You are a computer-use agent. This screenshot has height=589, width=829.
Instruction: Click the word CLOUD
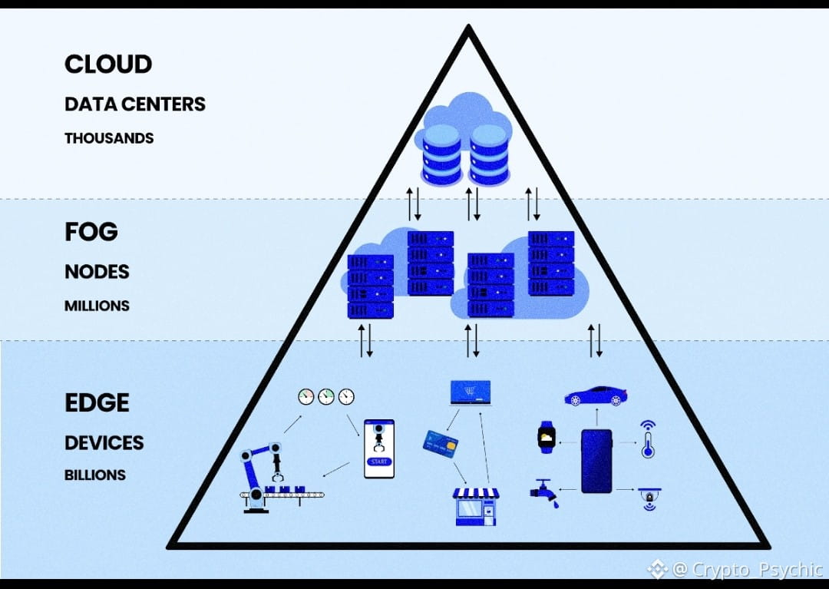(x=108, y=65)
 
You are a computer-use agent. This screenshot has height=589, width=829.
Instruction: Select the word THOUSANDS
(x=109, y=138)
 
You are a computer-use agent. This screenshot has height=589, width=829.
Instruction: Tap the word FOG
(x=91, y=232)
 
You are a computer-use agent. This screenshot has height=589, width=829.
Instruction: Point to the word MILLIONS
(x=97, y=306)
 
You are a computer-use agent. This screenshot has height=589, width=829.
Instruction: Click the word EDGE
(x=97, y=402)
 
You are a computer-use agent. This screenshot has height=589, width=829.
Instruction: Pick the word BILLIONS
(x=95, y=475)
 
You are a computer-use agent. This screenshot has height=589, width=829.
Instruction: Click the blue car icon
(x=595, y=395)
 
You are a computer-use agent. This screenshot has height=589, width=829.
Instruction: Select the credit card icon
(x=440, y=442)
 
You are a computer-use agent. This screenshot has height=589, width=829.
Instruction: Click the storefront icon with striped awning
(x=476, y=506)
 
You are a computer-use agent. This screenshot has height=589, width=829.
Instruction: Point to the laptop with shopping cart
(x=470, y=394)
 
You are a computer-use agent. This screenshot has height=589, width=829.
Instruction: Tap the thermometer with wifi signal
(x=647, y=439)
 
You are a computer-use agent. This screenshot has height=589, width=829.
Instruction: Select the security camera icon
(x=649, y=497)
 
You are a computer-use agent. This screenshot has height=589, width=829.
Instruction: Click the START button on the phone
(x=378, y=462)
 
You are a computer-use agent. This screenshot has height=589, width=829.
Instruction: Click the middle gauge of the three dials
(x=327, y=396)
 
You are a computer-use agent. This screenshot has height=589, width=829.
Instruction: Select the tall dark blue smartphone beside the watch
(x=596, y=461)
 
